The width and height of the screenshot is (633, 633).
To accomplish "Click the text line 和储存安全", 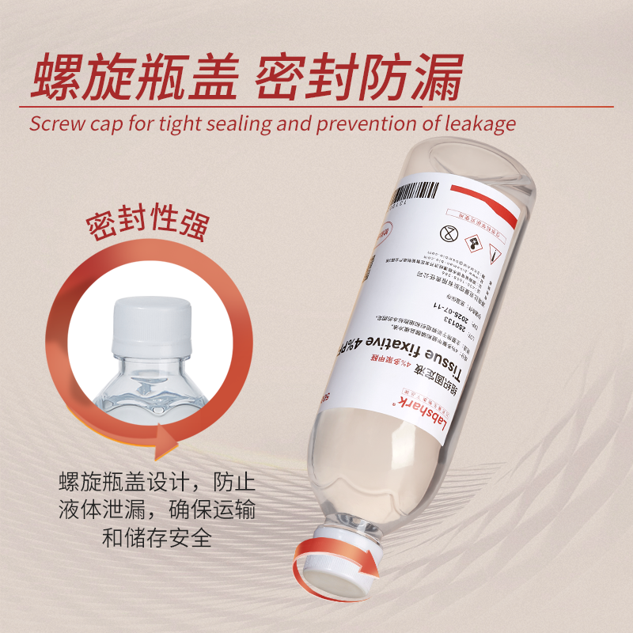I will [157, 538].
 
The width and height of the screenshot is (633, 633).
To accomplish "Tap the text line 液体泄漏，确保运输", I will [157, 510].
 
